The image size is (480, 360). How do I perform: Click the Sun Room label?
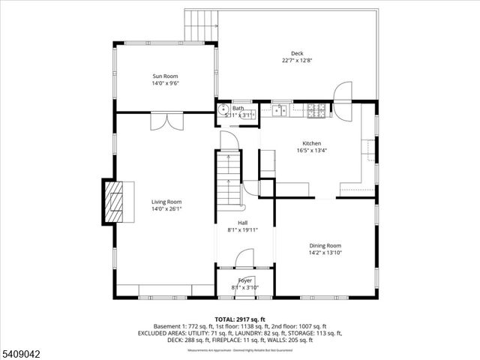point(166,76)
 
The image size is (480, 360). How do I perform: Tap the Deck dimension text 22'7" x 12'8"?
point(297,61)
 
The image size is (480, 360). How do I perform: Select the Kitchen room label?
point(311,142)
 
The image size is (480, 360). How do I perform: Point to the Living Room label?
point(166,202)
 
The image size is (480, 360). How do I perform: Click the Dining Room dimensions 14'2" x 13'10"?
point(325,253)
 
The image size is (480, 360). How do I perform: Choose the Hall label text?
point(243,223)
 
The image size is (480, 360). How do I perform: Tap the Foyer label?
point(245,280)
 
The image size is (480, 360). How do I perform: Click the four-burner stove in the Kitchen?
point(316,112)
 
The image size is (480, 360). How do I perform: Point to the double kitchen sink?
point(281,112)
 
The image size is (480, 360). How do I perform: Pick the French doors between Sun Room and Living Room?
point(164,120)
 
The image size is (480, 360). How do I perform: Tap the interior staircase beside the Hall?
point(228,180)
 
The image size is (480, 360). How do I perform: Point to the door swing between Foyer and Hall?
point(243,259)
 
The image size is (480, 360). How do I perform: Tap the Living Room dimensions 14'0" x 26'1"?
point(166,209)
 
